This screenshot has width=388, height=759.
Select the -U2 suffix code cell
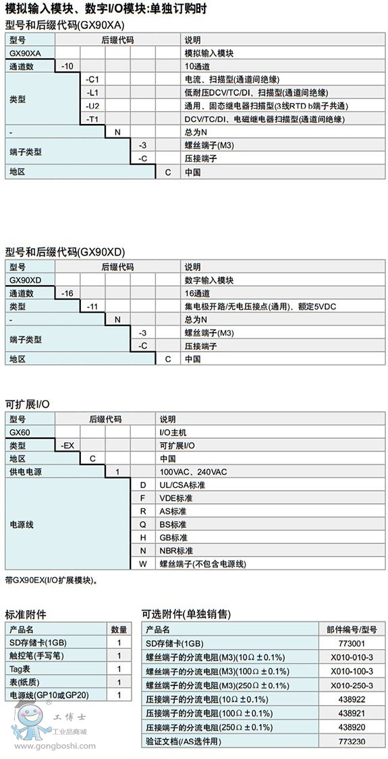click(x=92, y=106)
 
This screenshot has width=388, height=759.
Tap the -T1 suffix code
click(x=92, y=119)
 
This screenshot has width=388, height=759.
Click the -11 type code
click(x=92, y=307)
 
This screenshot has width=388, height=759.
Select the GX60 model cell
click(x=20, y=432)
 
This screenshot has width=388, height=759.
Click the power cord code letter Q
click(x=143, y=524)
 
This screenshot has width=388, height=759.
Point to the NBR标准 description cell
click(x=176, y=551)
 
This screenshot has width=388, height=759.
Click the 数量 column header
click(x=118, y=630)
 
